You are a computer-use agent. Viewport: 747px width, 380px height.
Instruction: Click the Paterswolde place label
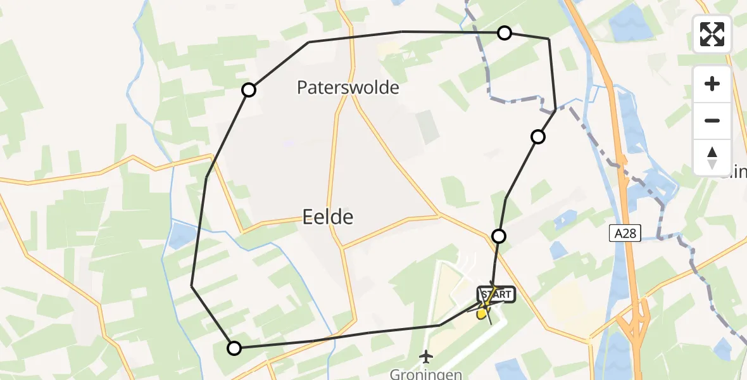348,87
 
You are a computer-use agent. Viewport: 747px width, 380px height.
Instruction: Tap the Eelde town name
327,217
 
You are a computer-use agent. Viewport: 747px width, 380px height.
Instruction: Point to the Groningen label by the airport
426,374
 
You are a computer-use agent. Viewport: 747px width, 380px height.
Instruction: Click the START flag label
497,294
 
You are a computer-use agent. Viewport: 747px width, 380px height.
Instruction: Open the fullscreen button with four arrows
712,34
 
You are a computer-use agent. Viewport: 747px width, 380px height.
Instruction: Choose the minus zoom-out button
712,120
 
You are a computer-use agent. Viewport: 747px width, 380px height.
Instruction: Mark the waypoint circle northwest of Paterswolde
249,90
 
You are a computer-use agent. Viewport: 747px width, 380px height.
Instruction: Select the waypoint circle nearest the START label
499,236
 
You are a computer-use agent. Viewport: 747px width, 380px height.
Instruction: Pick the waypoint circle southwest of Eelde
234,347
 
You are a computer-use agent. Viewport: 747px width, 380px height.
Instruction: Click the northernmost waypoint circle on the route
504,32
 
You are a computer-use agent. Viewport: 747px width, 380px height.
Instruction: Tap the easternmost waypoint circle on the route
537,136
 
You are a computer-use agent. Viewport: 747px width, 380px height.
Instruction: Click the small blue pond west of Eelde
181,235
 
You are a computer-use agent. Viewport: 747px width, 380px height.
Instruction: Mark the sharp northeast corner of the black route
548,39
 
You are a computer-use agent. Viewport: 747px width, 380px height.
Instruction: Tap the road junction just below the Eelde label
342,247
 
